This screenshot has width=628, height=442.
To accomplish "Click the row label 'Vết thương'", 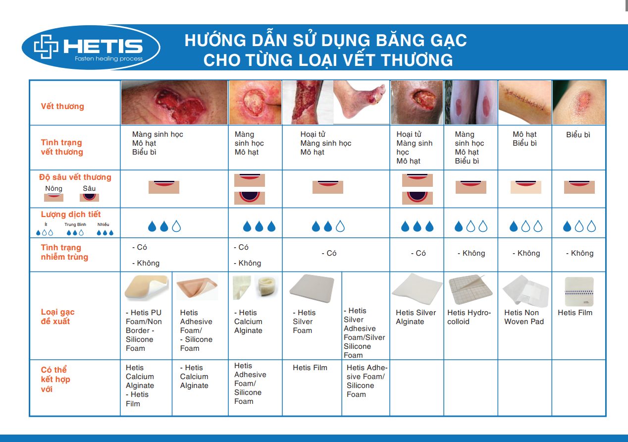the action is (62, 107).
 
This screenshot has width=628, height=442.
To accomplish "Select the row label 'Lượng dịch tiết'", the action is (71, 214).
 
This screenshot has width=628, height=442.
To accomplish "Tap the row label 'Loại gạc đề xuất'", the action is (58, 316).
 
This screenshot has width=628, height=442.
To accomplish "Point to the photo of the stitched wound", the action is (525, 103).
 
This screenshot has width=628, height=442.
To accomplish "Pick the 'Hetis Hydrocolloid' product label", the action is (469, 317).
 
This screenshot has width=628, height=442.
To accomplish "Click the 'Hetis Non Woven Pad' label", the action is (524, 317).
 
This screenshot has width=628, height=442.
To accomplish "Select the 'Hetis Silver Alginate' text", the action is (416, 317).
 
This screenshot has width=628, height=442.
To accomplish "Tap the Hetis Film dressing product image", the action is (579, 292).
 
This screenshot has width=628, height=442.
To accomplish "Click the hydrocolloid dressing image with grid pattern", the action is (470, 289).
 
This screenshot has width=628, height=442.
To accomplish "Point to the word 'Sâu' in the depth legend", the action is (89, 188).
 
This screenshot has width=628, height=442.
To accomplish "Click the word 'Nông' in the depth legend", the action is (53, 188).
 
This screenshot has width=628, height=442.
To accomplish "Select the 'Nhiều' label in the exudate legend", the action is (103, 224).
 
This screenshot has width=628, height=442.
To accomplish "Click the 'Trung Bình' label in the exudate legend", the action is (75, 224).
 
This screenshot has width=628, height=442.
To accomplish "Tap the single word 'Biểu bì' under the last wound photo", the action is (578, 135).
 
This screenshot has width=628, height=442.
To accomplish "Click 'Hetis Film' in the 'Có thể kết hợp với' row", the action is (310, 368).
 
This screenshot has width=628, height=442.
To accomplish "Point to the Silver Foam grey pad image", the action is (312, 288).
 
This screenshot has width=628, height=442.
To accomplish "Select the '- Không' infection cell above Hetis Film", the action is (579, 253).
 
